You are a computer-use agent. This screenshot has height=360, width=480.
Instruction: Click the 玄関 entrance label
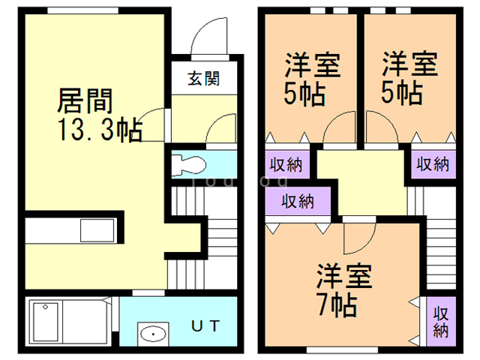click(x=203, y=77)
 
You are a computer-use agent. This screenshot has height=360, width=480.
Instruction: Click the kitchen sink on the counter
click(x=96, y=232)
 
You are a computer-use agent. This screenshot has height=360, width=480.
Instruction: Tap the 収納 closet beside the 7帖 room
click(x=440, y=321)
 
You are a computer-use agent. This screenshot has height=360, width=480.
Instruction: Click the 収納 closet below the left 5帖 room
click(x=286, y=164)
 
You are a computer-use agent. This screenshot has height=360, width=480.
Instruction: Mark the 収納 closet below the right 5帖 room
click(x=432, y=164)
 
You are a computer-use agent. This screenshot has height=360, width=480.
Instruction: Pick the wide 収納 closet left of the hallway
click(x=298, y=201)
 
